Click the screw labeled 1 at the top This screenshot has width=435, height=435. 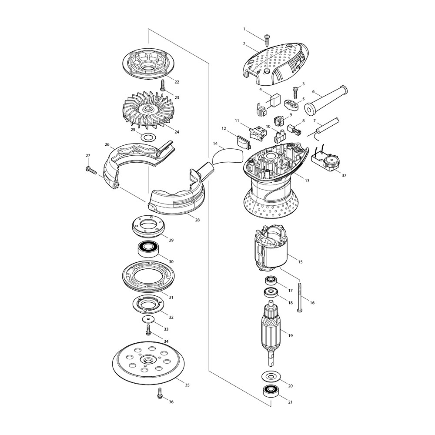coord(267,40)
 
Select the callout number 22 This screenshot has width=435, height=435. coord(177,82)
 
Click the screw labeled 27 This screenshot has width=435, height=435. coord(91,170)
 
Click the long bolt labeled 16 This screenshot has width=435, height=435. coord(299,297)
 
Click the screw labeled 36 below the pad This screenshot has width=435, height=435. coord(160,393)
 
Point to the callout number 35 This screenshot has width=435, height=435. coord(187,385)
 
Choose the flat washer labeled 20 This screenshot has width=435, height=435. coord(271,375)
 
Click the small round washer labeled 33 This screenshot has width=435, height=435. coord(148,319)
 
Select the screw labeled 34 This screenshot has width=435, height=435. coord(149,330)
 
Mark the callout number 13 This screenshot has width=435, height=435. coord(307,181)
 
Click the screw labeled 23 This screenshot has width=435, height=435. coord(163,85)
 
